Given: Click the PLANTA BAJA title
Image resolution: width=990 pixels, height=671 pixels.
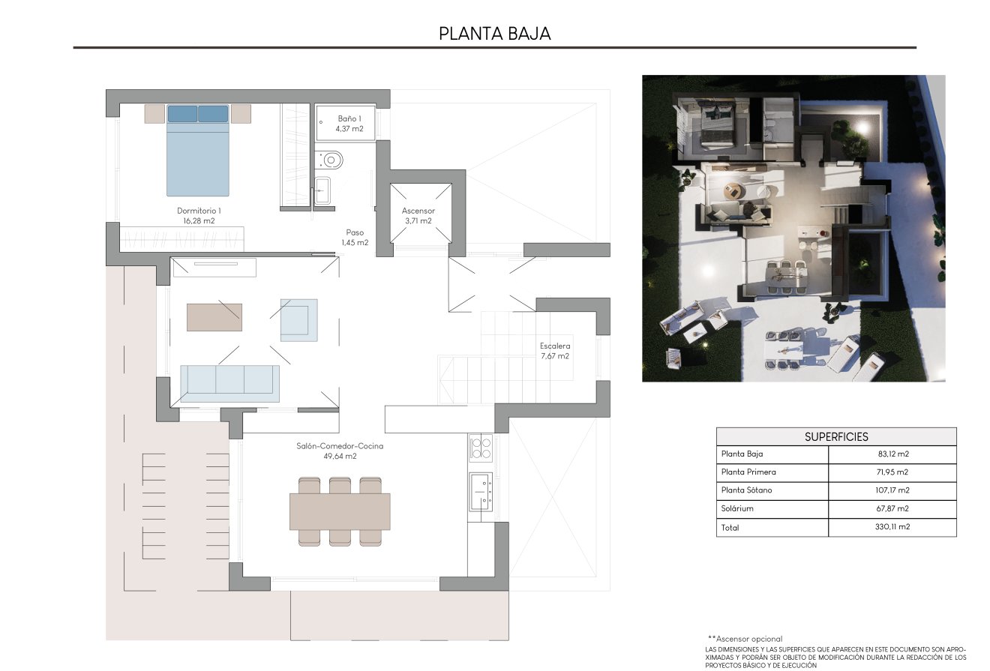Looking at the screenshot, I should [x=494, y=33].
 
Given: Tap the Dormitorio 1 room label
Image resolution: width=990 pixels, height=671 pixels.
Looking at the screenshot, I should [x=199, y=211].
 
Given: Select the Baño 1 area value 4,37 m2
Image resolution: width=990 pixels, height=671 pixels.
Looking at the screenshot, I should [x=349, y=129].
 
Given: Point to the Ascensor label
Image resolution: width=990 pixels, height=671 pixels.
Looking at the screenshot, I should [x=418, y=211].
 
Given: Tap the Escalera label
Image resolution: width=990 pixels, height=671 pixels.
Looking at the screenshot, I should [x=555, y=346].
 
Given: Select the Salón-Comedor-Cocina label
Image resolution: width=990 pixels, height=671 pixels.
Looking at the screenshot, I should [x=339, y=446].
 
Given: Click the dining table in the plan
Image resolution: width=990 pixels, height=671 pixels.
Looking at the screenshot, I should [x=340, y=511].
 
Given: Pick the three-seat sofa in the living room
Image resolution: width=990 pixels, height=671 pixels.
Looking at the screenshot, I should [x=229, y=380].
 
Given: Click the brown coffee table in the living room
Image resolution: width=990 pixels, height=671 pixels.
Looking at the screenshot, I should [x=214, y=317].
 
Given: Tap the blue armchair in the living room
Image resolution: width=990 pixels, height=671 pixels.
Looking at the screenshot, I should [x=298, y=320].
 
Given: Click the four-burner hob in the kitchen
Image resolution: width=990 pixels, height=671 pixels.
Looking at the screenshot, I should [x=481, y=448].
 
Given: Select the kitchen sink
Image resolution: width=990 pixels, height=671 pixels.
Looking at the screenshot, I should [x=480, y=491].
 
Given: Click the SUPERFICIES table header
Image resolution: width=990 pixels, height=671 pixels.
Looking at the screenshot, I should [x=836, y=436].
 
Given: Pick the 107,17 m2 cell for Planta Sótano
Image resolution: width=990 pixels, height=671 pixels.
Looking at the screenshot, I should [x=892, y=490].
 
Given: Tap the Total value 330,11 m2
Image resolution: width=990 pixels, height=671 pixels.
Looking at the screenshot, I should [x=892, y=527].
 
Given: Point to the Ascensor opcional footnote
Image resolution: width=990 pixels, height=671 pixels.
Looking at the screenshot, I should [x=745, y=639].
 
